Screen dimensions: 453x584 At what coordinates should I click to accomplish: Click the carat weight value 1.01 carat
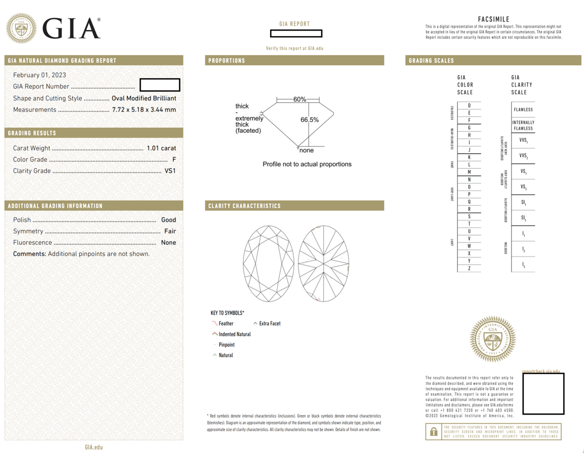coord(161,148)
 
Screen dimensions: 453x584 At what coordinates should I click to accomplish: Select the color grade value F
coord(174,160)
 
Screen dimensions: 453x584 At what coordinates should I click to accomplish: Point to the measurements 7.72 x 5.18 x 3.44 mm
coord(144,109)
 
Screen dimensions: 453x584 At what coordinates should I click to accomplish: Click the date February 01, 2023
coord(39,75)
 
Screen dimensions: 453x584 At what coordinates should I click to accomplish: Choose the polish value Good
coord(168,220)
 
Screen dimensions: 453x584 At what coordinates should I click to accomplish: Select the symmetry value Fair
coord(170,231)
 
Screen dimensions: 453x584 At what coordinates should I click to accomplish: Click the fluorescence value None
coord(168,242)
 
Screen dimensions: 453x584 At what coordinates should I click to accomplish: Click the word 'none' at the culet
coord(307,150)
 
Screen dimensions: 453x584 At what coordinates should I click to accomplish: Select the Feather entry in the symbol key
coord(226,323)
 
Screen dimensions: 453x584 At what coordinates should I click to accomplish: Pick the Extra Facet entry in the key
coord(270,323)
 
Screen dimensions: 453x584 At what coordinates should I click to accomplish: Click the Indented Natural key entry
coord(235,334)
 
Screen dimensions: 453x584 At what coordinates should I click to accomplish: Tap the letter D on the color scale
coord(469,106)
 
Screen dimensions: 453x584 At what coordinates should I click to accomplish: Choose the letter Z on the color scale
coord(469,269)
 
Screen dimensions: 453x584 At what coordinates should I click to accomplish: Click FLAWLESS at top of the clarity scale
coord(523,109)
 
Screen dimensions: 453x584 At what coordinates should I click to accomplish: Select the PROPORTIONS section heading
coord(226,61)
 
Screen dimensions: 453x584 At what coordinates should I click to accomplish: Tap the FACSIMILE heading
coord(493,19)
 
